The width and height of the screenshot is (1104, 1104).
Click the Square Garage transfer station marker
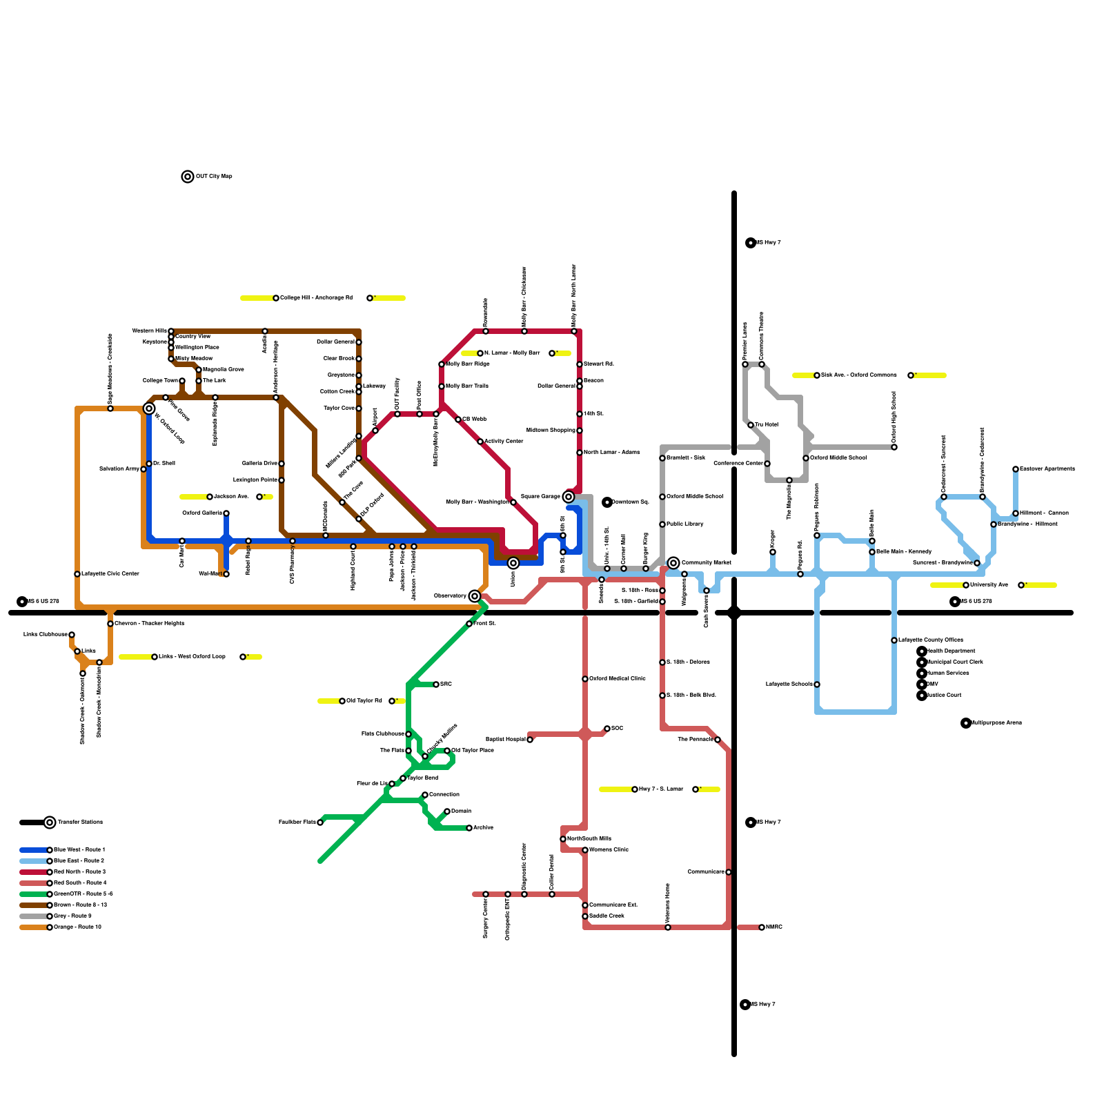[569, 497]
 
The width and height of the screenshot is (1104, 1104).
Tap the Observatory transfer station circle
[475, 596]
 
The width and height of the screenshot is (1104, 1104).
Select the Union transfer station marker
[513, 563]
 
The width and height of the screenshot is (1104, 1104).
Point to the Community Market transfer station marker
[673, 563]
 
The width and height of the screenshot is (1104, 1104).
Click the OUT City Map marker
[188, 177]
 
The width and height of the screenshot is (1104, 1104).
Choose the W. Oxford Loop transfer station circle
[149, 408]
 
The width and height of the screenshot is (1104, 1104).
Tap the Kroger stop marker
[773, 552]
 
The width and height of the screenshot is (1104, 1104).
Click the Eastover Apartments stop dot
[1016, 469]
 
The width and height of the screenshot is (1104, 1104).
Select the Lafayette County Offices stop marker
[894, 640]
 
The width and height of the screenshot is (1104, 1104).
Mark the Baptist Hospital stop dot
[530, 740]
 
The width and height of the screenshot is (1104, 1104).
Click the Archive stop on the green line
[469, 828]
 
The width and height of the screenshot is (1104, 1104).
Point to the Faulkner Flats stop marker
[320, 822]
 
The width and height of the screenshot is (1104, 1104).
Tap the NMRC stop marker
[762, 927]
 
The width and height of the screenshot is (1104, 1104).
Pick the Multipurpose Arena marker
[966, 723]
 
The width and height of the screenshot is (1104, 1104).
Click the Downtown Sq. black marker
[607, 502]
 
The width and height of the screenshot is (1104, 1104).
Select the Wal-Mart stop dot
[226, 574]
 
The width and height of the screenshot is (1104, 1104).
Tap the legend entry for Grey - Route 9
[72, 916]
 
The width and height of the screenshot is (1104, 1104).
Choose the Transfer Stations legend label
[80, 822]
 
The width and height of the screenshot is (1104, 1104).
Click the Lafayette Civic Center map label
[110, 574]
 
